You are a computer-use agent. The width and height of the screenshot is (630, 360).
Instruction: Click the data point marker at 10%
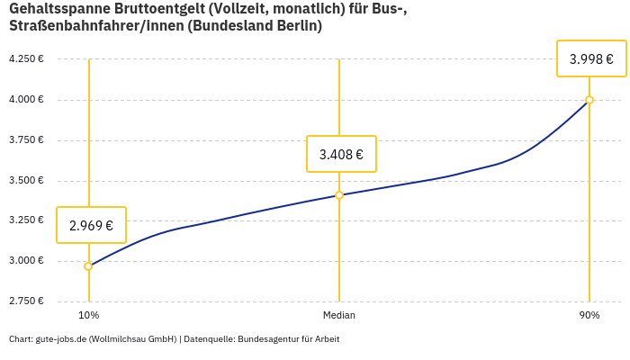pos(88,266)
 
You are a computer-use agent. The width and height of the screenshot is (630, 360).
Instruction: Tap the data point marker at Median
pos(339,195)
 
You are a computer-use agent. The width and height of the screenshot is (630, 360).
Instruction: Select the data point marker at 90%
pos(589,100)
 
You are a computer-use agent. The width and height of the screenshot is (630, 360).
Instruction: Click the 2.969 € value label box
pos(91,225)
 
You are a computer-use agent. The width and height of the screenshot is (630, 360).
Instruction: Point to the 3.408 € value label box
pos(341,154)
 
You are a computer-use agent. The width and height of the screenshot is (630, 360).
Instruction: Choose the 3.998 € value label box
pos(591,59)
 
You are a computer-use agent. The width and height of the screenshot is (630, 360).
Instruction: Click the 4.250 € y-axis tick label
pos(26,58)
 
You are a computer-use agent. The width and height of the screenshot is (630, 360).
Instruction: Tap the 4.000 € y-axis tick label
pos(26,99)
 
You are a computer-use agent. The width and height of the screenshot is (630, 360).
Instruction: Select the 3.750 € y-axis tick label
pos(26,139)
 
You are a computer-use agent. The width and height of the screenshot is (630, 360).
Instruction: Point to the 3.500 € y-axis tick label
pos(26,180)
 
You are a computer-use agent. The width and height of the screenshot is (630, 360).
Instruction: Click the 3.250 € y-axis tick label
pos(26,220)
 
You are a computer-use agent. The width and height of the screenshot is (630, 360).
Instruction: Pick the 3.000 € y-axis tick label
pos(26,261)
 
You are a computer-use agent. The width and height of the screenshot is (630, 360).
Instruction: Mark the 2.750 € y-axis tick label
pos(26,301)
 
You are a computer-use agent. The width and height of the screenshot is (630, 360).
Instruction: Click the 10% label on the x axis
pos(88,315)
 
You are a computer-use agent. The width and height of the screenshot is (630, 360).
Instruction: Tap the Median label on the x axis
pos(339,315)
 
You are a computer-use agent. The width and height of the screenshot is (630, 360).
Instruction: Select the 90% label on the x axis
pos(589,315)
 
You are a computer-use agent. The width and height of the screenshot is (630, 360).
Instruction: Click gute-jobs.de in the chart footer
pos(60,339)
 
